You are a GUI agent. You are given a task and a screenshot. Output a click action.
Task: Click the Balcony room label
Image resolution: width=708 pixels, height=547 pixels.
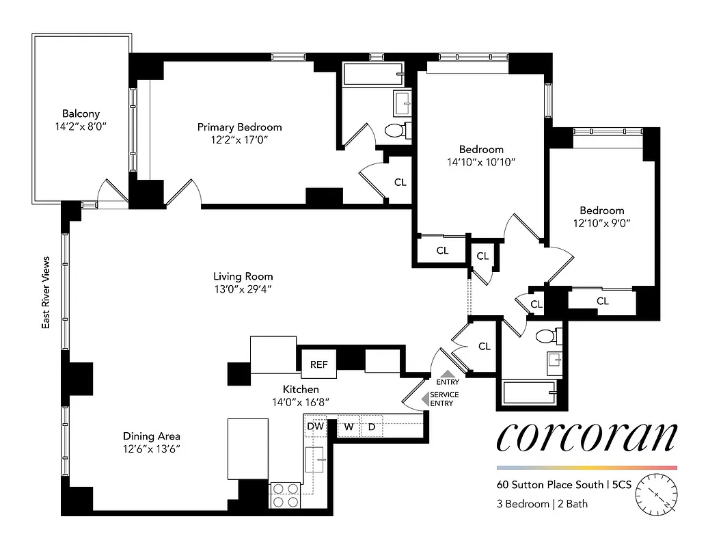click(x=81, y=114)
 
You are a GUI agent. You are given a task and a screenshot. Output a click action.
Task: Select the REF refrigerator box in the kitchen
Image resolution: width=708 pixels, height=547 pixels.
click(x=319, y=364)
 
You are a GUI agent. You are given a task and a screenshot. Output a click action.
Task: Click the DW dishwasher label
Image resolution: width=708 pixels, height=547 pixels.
click(x=315, y=427)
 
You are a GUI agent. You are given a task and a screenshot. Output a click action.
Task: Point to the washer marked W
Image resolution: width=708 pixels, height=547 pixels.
click(x=349, y=427)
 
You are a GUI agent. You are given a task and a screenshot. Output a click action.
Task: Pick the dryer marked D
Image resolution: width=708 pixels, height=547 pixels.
click(x=372, y=427)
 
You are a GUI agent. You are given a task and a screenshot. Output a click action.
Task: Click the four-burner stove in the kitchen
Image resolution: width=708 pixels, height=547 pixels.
click(x=286, y=494)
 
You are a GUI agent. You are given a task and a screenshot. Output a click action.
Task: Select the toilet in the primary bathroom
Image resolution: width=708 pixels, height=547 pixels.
click(x=396, y=129)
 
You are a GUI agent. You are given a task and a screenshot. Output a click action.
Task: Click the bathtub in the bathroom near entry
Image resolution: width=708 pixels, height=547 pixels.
click(x=530, y=394)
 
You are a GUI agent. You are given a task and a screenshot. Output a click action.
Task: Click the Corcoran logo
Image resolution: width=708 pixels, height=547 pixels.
click(x=587, y=438)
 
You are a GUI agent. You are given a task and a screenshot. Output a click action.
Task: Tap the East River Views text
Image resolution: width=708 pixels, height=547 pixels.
click(x=46, y=293)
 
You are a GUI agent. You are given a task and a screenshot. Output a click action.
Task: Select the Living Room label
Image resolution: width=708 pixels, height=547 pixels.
click(x=243, y=276)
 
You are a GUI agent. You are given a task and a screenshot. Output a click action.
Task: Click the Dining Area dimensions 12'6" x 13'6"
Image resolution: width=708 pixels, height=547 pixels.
click(x=152, y=449)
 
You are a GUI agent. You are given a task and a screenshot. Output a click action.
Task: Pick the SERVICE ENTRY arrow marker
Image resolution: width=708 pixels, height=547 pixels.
click(x=426, y=399)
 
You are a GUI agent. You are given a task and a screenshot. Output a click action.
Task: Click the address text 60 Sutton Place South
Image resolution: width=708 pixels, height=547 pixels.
click(x=550, y=485)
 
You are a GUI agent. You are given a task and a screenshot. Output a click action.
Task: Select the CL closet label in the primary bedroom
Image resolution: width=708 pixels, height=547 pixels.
click(x=400, y=182)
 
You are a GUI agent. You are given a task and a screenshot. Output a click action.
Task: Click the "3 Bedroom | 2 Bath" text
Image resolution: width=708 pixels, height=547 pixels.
click(x=542, y=505)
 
